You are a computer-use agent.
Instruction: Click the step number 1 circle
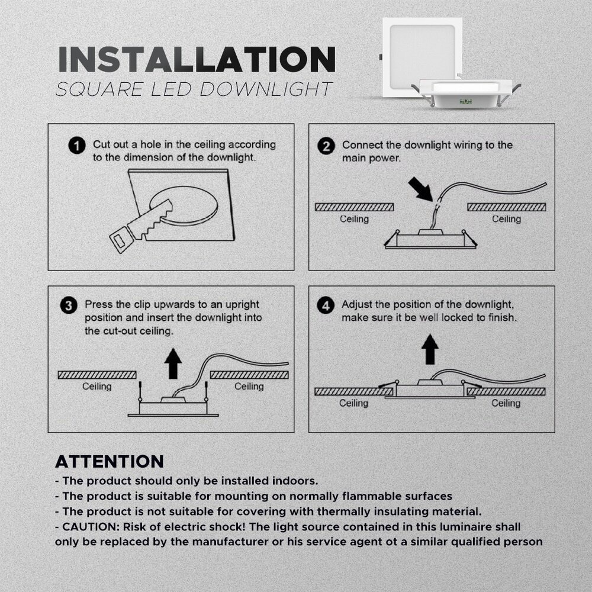(x=76, y=146)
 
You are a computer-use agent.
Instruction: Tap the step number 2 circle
(x=326, y=146)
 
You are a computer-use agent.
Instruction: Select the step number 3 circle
(x=69, y=305)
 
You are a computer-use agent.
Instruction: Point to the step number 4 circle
(x=326, y=305)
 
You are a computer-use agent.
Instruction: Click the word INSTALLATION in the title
(x=197, y=59)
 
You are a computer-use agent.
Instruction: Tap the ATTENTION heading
(x=110, y=461)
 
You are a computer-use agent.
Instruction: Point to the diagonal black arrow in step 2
(x=420, y=189)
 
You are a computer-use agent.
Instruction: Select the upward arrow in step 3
(x=173, y=363)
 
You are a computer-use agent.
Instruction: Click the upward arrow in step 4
(x=430, y=349)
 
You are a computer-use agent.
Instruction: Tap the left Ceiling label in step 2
(x=354, y=219)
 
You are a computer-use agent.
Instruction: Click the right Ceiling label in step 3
(x=249, y=386)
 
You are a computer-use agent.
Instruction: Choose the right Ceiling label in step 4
(x=506, y=403)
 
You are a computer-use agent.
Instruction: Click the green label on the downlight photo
(x=465, y=101)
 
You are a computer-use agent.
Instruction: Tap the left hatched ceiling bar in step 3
(x=97, y=375)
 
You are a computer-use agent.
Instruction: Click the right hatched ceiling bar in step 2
(x=507, y=207)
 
